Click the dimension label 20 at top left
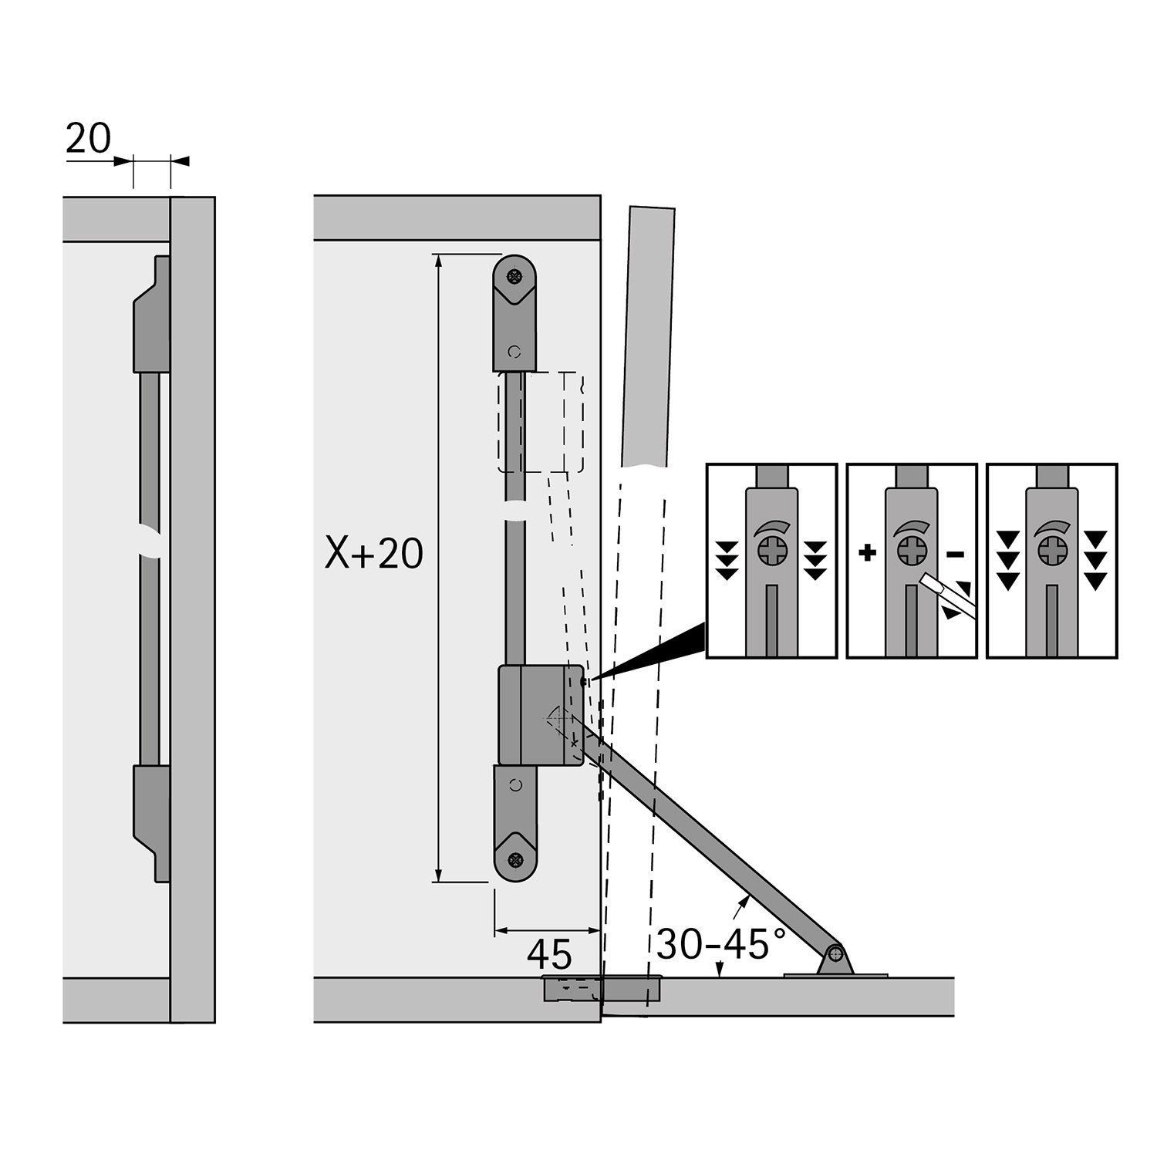[89, 140]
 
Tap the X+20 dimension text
[374, 553]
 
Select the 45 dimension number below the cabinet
[549, 955]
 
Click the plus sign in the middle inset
[868, 552]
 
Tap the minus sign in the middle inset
[955, 553]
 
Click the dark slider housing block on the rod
[541, 715]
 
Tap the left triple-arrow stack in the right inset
[1007, 560]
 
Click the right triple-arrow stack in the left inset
[815, 560]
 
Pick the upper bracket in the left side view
[152, 314]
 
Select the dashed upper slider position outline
[540, 422]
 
